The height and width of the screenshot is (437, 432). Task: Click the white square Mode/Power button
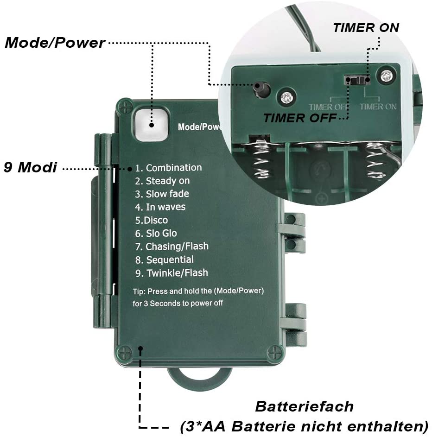[x=152, y=125]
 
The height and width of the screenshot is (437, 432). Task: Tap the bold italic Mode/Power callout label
[x=55, y=43]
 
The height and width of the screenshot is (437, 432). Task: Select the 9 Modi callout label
[x=30, y=167]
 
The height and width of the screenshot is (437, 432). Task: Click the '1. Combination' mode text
[x=168, y=168]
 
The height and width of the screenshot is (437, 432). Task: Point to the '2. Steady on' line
[x=162, y=181]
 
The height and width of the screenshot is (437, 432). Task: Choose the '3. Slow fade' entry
[x=162, y=194]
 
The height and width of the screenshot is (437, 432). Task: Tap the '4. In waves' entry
[x=160, y=207]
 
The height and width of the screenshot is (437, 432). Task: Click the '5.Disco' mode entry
[x=152, y=220]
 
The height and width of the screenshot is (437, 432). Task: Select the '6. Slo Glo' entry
[x=156, y=233]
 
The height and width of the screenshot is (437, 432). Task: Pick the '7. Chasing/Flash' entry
[x=172, y=247]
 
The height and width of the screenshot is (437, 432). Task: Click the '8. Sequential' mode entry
[x=165, y=260]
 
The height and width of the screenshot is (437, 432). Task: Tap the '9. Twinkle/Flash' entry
[x=172, y=273]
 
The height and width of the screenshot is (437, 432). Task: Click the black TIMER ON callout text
[x=366, y=28]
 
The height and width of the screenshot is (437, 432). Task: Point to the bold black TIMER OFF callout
[x=300, y=118]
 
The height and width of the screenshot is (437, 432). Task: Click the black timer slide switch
[x=357, y=80]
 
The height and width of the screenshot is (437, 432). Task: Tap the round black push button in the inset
[x=262, y=89]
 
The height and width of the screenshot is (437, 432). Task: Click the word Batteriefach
[x=304, y=406]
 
